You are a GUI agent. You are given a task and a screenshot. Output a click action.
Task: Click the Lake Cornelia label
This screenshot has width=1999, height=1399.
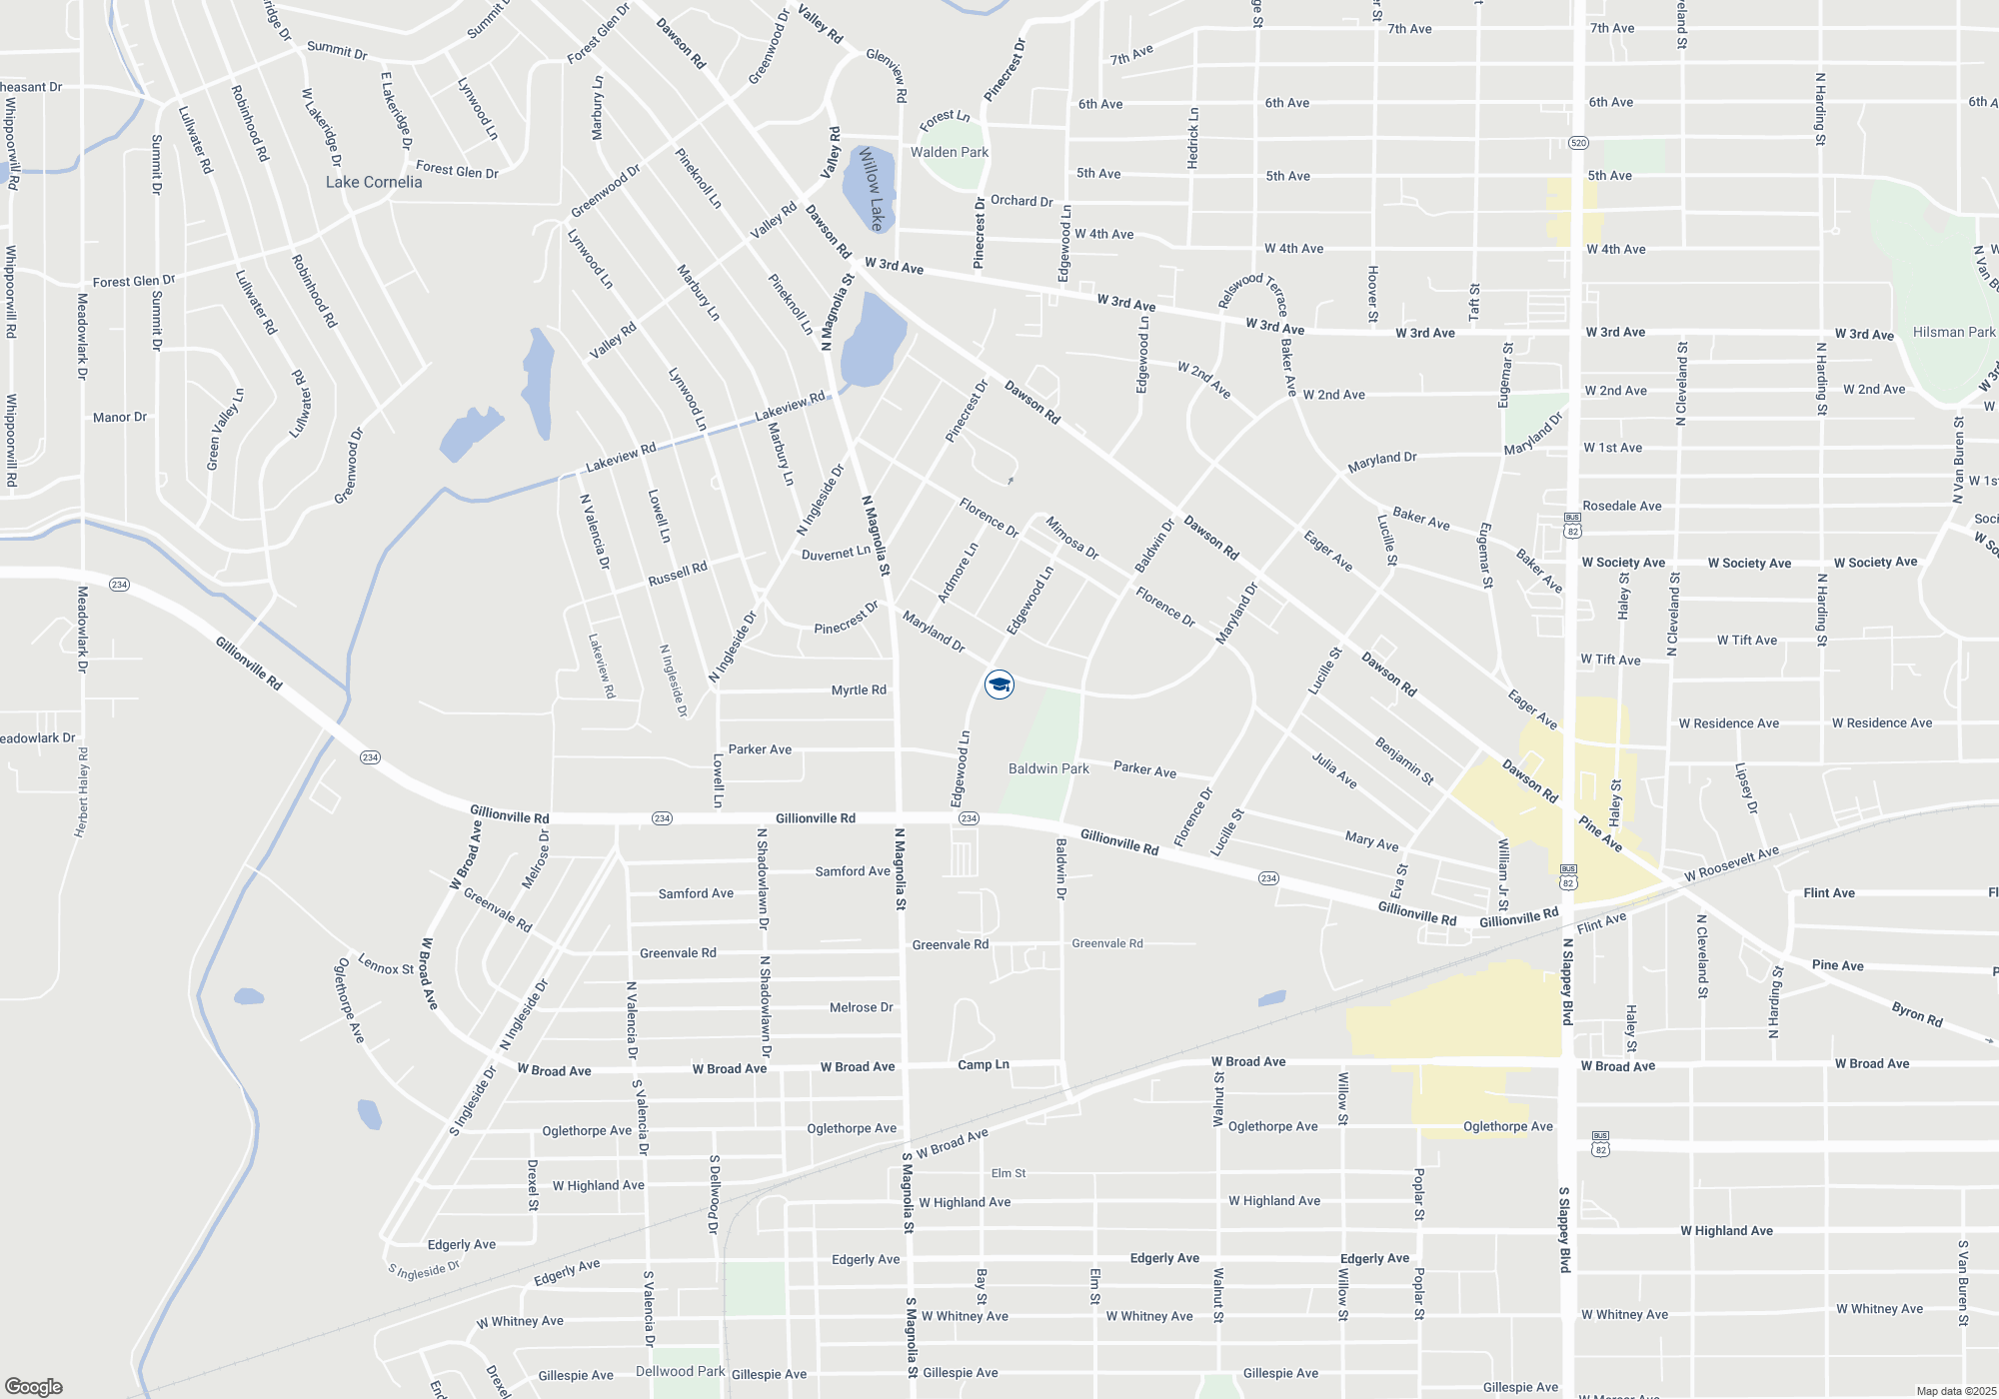(374, 182)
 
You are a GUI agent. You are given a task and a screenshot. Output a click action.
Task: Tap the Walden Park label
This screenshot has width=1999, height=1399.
(949, 152)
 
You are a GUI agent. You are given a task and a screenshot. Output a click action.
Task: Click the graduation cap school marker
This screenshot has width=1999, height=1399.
(999, 685)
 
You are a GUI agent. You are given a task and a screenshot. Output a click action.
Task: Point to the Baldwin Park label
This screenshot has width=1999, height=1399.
(1048, 768)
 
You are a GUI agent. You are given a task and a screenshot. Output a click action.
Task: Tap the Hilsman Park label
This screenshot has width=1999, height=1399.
(1953, 332)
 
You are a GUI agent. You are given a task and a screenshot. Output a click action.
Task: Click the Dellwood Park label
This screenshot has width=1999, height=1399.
(680, 1371)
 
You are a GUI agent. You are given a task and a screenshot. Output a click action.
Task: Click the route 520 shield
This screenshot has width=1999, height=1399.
(1577, 143)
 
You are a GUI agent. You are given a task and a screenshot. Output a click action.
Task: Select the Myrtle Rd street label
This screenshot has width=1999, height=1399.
(859, 690)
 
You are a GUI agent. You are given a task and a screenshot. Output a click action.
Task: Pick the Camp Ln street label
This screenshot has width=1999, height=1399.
(984, 1064)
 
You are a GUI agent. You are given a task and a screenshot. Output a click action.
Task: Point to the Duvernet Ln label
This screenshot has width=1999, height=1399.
(836, 553)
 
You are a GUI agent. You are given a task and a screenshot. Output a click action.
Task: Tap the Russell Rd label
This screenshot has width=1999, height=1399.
(678, 574)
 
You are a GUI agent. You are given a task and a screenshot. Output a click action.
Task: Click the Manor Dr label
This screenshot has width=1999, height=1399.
(120, 417)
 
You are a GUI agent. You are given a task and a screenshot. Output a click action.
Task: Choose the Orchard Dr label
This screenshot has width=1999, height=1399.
(1021, 201)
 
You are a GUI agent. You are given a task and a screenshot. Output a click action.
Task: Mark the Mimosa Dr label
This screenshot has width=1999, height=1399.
(1071, 538)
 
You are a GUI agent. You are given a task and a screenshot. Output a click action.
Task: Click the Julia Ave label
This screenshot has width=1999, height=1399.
(1334, 770)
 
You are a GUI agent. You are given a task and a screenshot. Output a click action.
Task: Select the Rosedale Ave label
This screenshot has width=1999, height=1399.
(1622, 506)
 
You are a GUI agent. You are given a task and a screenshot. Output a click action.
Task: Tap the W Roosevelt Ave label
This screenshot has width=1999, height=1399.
(1731, 864)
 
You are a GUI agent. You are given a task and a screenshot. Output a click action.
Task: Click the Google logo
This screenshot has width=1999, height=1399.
(34, 1386)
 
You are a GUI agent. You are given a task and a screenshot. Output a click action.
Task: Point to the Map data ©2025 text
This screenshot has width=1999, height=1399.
(1956, 1391)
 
